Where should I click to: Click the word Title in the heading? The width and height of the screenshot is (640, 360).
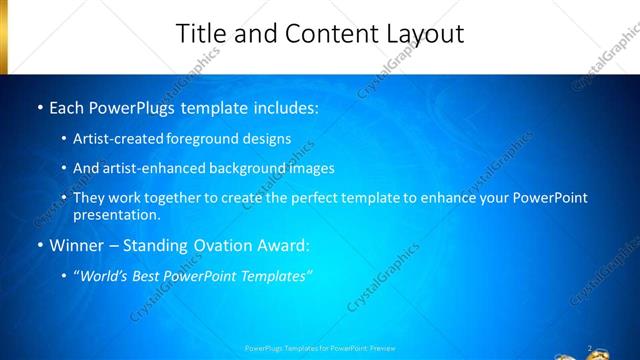(201, 33)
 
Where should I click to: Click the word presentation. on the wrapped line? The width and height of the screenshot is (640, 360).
(116, 215)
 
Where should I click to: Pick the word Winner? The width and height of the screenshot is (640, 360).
(75, 245)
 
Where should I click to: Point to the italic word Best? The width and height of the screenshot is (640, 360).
(149, 276)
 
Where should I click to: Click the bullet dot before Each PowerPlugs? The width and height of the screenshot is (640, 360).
(39, 106)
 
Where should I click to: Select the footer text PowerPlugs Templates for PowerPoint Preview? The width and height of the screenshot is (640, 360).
(320, 348)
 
